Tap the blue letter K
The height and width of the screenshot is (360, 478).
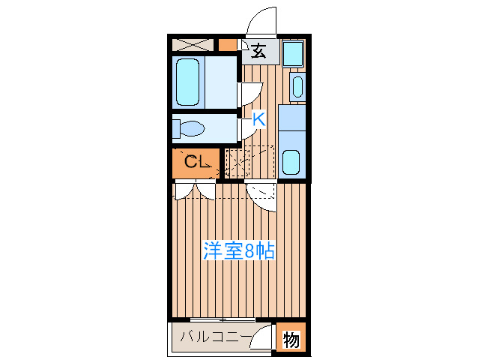click(x=258, y=118)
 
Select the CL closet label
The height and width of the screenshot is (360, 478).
click(x=196, y=161)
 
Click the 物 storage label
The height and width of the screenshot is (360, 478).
click(x=291, y=340)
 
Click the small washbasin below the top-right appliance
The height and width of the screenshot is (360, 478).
click(x=297, y=86)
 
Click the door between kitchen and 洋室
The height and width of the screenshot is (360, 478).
click(x=264, y=195)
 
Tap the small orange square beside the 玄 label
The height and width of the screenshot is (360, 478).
click(x=227, y=43)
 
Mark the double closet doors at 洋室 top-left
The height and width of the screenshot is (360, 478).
click(x=195, y=190)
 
